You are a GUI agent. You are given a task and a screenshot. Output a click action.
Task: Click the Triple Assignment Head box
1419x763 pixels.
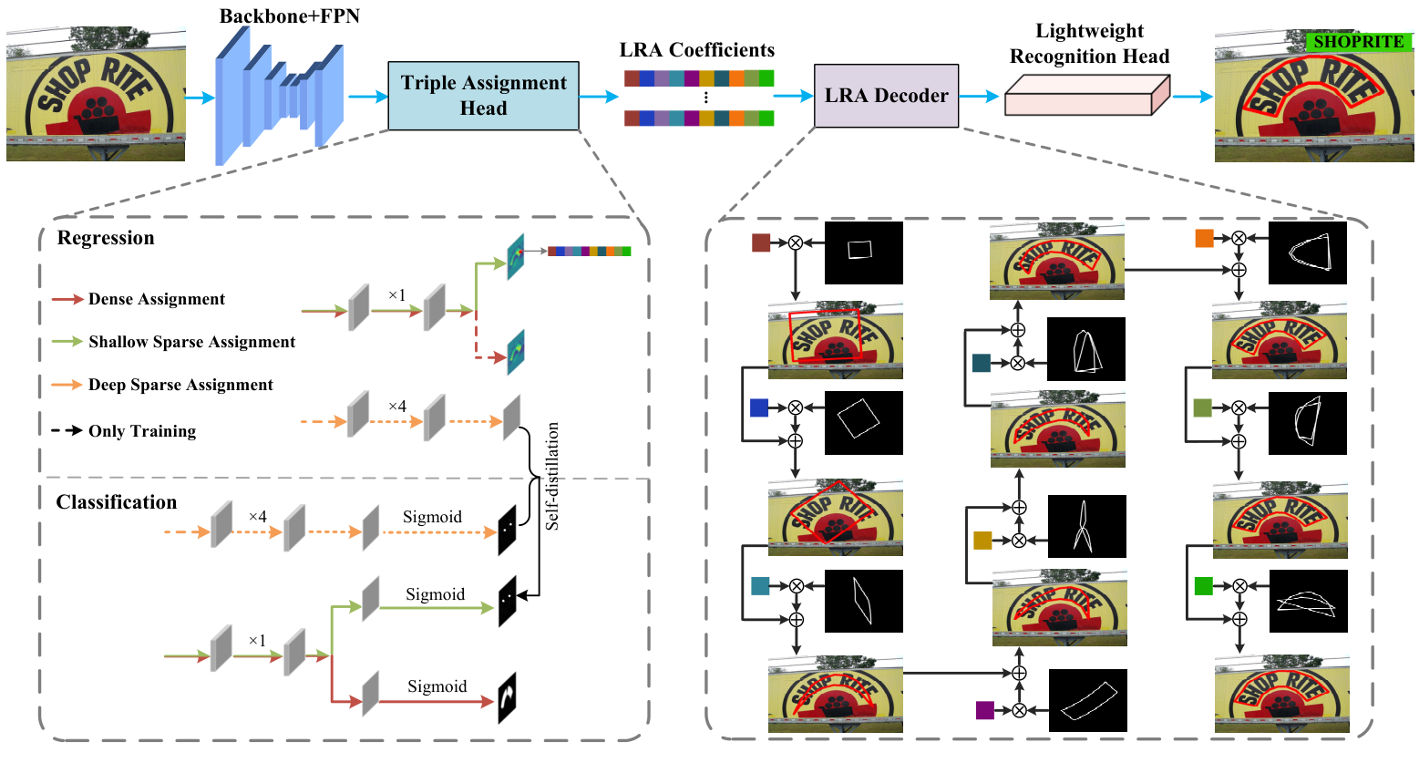[x=483, y=96]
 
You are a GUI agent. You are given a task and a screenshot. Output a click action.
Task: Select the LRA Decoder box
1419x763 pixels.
[x=886, y=96]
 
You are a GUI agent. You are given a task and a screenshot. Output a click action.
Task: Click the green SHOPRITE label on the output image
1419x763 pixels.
[x=1358, y=42]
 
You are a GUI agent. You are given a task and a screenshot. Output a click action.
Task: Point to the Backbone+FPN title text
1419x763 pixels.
[x=289, y=16]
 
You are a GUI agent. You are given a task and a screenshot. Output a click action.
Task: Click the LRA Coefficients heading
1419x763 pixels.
[x=697, y=50]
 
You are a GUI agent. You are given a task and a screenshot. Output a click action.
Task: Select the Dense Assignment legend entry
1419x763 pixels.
[x=156, y=299]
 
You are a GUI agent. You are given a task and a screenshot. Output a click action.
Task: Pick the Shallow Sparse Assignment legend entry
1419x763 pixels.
[x=191, y=342]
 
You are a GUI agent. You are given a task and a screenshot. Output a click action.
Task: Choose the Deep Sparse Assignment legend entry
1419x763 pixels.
[x=180, y=385]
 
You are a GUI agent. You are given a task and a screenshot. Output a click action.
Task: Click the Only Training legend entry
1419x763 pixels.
[x=141, y=431]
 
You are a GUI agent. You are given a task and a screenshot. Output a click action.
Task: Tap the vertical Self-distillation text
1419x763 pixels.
[x=552, y=476]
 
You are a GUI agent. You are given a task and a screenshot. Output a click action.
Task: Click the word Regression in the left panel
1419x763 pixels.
[x=106, y=238]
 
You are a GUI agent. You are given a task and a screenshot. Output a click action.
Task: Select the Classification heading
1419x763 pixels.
[x=117, y=502]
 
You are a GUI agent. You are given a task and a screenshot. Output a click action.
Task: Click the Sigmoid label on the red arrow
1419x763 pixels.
[x=437, y=686]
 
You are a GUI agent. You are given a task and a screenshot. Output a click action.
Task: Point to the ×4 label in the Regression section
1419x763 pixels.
[x=397, y=406]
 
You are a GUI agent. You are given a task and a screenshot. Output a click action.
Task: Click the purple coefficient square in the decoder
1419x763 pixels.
[x=984, y=710]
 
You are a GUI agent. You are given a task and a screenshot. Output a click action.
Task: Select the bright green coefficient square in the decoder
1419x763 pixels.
[x=1203, y=586]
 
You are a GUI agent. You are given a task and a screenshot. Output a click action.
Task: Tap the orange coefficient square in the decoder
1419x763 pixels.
[x=1204, y=239]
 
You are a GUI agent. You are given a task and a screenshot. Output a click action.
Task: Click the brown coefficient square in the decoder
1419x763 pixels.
[x=761, y=242]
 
